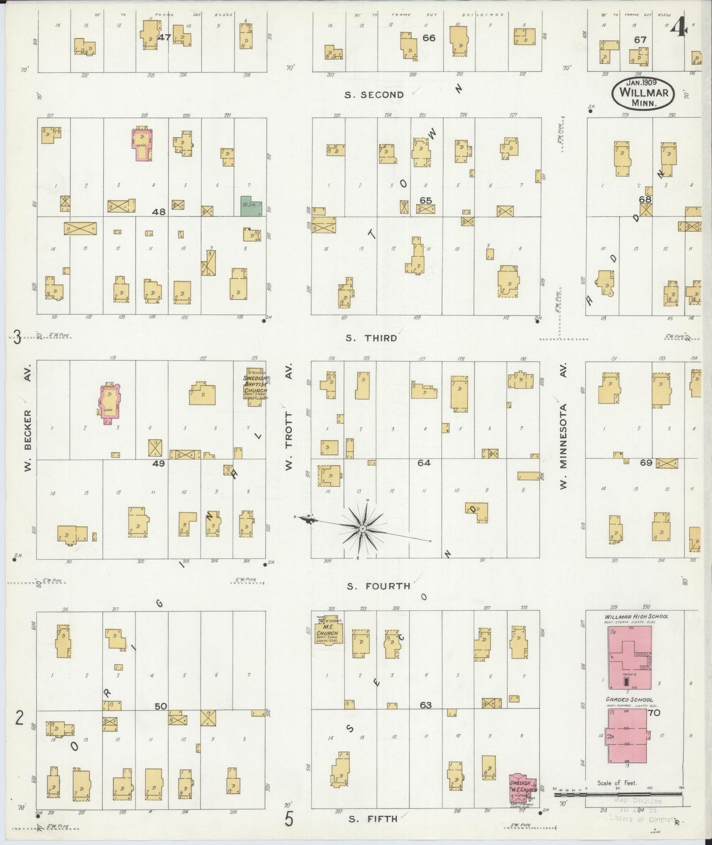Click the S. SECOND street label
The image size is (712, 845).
374,95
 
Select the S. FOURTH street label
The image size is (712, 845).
378,586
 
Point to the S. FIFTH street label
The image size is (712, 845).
373,819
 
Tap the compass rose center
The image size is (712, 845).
362,528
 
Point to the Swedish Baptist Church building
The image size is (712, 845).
254,387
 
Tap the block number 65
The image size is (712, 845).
426,200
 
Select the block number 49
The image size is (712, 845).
159,463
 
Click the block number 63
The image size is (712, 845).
426,705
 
